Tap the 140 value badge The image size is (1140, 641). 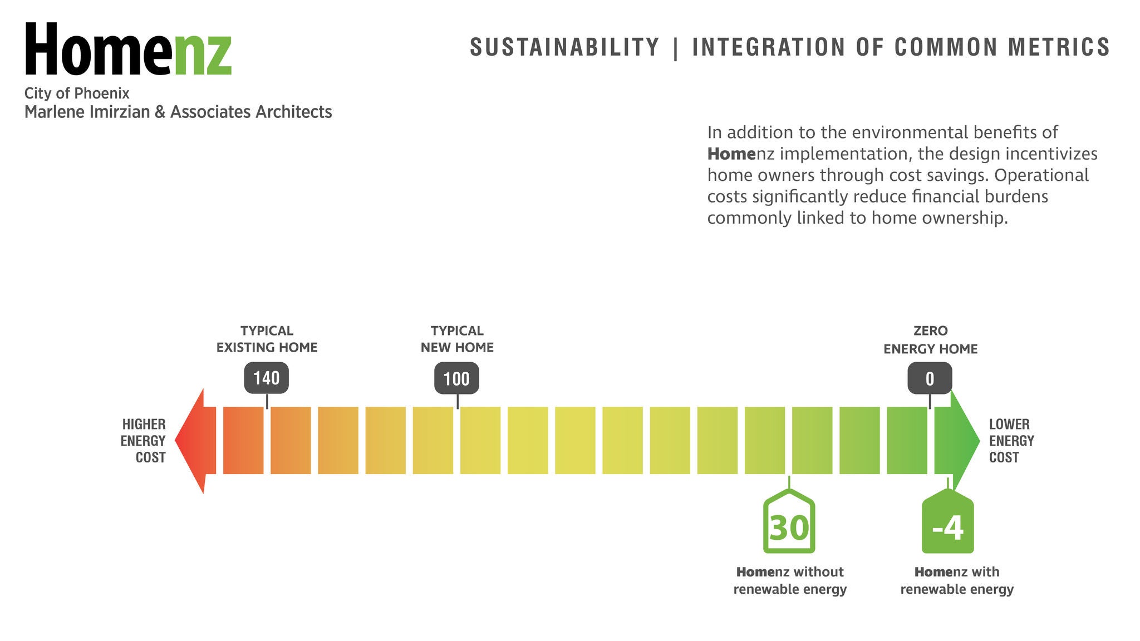266,378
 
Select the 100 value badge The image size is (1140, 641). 456,379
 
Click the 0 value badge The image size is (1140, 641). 930,379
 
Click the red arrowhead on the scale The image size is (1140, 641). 195,441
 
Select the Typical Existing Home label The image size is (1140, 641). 267,339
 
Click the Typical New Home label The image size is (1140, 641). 457,339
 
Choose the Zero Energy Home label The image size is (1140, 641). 930,340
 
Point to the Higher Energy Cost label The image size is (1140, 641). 144,441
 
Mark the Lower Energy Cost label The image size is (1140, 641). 1011,441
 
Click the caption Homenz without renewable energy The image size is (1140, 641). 790,580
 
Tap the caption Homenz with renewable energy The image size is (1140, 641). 957,580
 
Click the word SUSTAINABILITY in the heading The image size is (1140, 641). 564,47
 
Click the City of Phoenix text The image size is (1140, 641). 77,93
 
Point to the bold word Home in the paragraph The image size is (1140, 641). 731,154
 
